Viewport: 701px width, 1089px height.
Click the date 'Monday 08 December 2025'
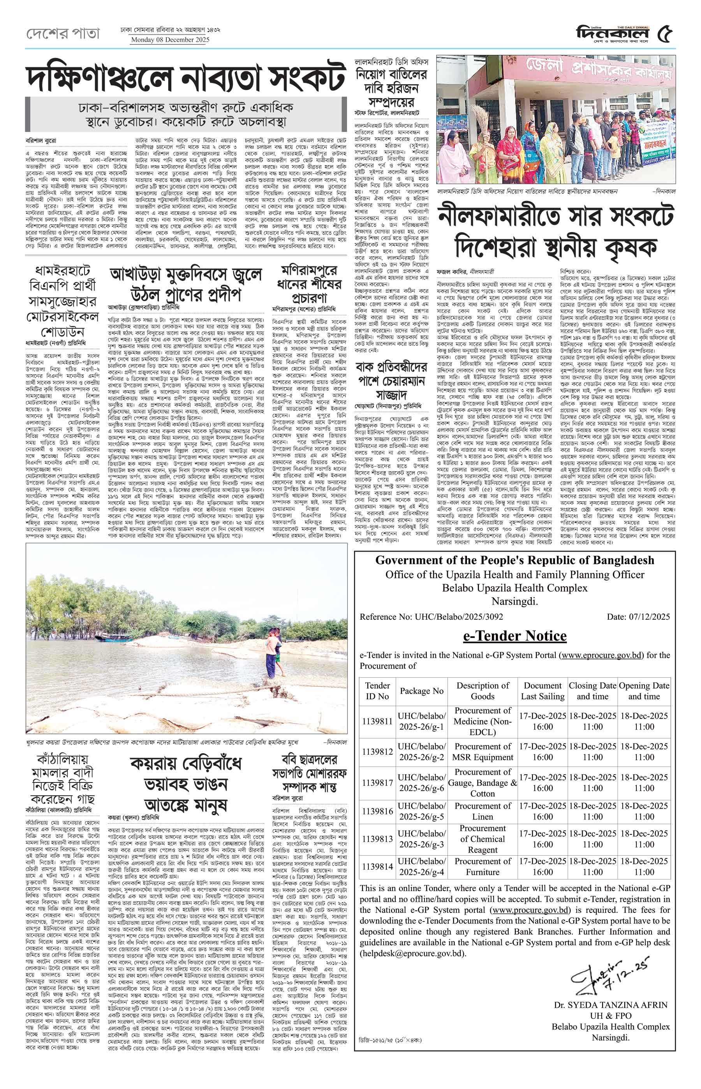point(170,40)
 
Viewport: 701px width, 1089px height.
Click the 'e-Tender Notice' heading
point(514,636)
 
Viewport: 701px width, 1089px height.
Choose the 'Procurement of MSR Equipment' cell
point(482,752)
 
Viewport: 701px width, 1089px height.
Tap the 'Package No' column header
point(421,691)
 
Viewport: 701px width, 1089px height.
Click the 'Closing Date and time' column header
point(592,691)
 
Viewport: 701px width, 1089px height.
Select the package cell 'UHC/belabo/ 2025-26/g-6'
point(421,782)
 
